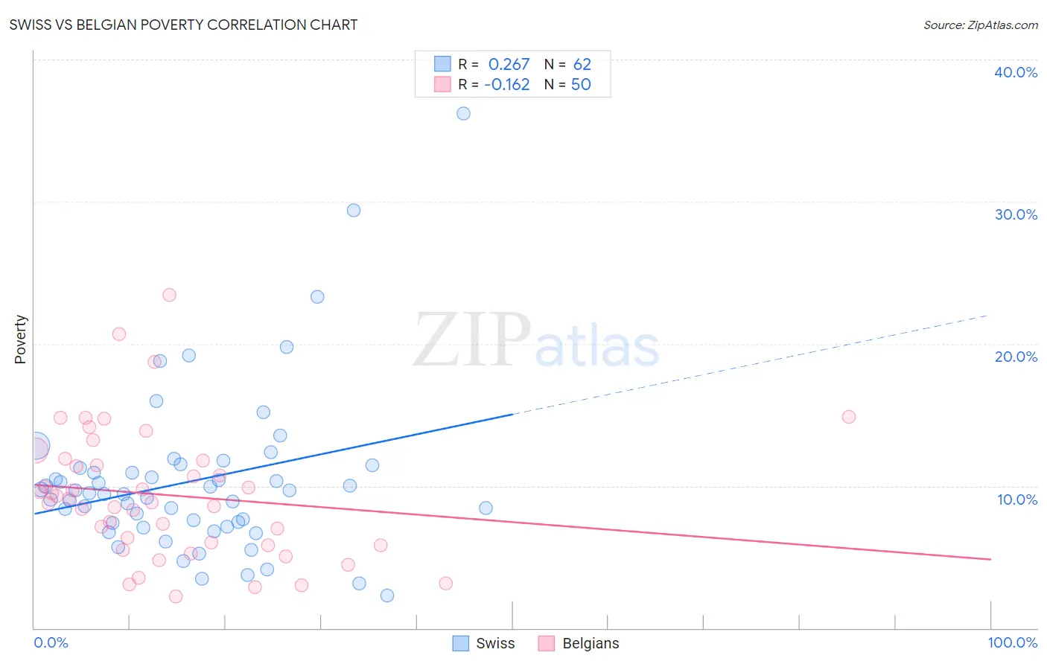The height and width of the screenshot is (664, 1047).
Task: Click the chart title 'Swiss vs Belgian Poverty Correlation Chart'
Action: click(183, 25)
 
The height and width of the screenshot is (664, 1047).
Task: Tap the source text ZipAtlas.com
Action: click(980, 25)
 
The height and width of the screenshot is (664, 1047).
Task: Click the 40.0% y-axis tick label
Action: click(1016, 72)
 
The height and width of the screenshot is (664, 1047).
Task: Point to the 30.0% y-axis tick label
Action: click(1016, 214)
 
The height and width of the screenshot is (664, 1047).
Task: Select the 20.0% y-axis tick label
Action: click(1016, 357)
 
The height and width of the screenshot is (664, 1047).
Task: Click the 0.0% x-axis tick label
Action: click(51, 642)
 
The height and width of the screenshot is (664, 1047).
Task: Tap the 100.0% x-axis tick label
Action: click(1012, 642)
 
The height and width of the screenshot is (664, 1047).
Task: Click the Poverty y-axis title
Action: click(20, 339)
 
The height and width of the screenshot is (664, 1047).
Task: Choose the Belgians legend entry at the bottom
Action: click(579, 643)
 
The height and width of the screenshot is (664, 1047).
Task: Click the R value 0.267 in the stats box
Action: click(509, 65)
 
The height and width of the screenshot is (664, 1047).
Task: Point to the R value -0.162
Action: click(506, 85)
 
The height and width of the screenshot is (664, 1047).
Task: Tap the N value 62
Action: click(582, 65)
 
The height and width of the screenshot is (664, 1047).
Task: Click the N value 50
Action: click(581, 85)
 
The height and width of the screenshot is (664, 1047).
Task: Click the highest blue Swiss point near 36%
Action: click(463, 114)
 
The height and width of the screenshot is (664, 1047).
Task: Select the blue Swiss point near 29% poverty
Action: click(354, 211)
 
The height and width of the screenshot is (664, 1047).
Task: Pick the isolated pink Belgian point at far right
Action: click(848, 417)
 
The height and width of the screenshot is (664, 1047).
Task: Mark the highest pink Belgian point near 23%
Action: click(169, 295)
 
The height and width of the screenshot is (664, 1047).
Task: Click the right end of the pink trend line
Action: click(990, 559)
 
